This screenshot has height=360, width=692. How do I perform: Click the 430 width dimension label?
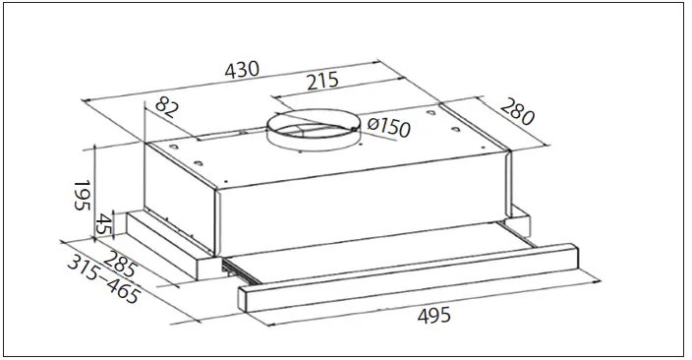click(x=242, y=70)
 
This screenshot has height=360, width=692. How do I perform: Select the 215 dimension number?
click(x=322, y=81)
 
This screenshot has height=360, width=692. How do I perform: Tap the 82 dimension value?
click(x=166, y=109)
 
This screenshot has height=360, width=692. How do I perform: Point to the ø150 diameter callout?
click(x=388, y=126)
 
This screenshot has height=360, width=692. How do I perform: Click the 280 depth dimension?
click(x=517, y=111)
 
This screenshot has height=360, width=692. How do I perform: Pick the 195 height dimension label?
click(x=82, y=195)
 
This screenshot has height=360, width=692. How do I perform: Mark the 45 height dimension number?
click(x=105, y=225)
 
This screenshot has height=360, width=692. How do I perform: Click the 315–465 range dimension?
click(x=104, y=279)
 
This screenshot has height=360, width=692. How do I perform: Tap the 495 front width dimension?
click(x=434, y=316)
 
